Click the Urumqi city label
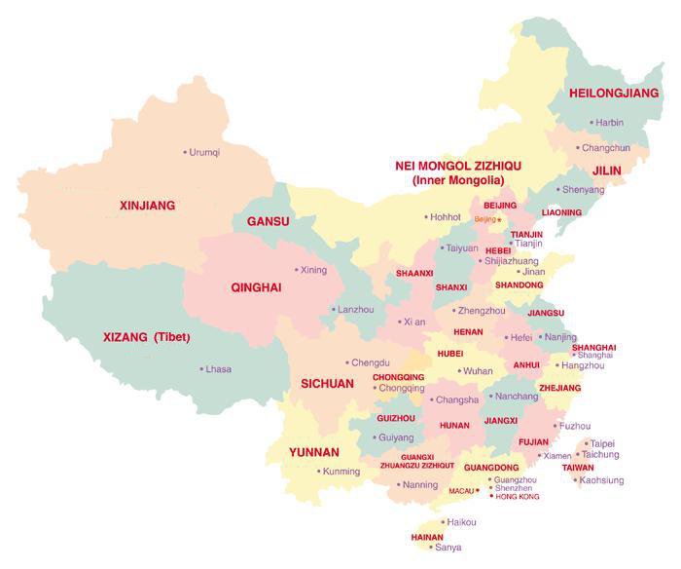(204, 152)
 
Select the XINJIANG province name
(147, 206)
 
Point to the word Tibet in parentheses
(171, 337)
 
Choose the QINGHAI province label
(256, 287)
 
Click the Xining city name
(314, 270)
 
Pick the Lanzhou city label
(355, 309)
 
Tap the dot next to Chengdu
(346, 362)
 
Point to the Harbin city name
(609, 123)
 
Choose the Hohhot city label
(445, 216)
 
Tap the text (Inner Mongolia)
(457, 180)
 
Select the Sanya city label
(448, 548)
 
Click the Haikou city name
(461, 522)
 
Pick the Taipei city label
(602, 443)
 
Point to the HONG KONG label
(517, 497)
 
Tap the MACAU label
(460, 491)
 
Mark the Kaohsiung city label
(601, 480)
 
